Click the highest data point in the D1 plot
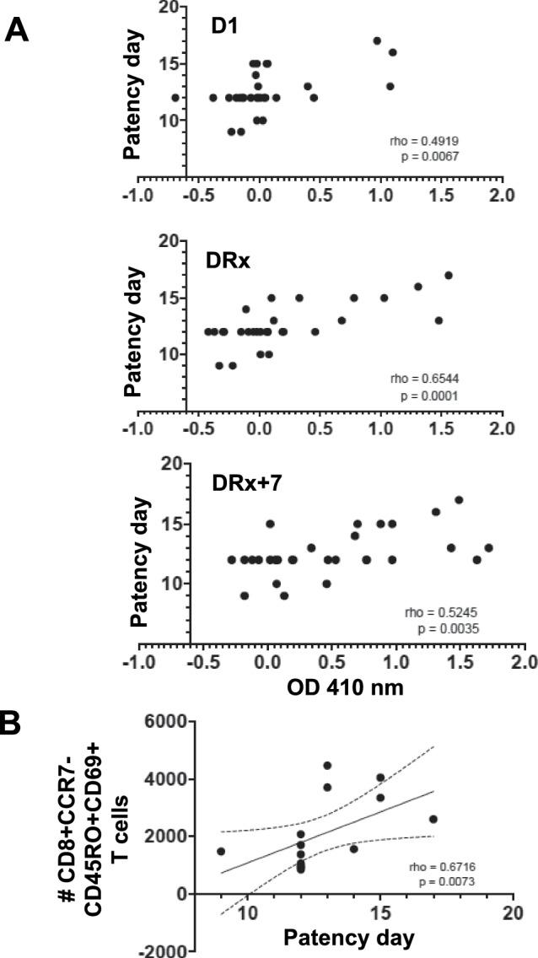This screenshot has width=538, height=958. tap(378, 40)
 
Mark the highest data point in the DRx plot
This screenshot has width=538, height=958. tap(449, 275)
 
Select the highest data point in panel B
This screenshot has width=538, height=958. tap(327, 766)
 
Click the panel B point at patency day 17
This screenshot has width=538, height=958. tap(433, 819)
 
